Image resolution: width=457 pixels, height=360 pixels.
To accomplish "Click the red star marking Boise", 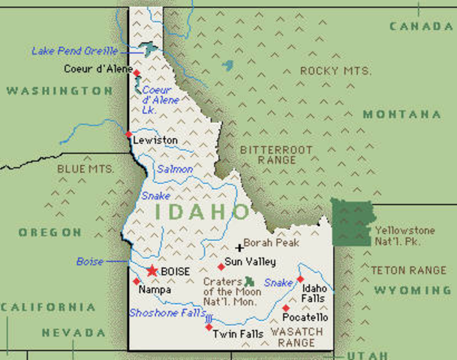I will (x=153, y=270).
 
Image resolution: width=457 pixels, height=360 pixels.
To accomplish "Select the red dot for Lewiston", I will (x=128, y=136).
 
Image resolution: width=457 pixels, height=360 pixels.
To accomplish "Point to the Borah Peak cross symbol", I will (x=239, y=247).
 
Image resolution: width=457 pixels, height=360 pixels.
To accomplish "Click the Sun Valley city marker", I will (x=221, y=266).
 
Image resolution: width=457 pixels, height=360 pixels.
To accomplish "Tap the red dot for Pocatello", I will (x=285, y=307).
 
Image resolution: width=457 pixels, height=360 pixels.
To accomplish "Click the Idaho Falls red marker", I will (x=300, y=279).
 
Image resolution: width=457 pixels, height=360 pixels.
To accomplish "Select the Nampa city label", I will (x=155, y=289).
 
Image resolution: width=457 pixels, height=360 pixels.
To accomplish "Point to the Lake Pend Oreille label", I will (x=74, y=51).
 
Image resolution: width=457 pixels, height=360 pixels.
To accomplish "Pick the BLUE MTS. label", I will (x=86, y=169).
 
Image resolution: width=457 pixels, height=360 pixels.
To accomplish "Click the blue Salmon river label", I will (x=174, y=169).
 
